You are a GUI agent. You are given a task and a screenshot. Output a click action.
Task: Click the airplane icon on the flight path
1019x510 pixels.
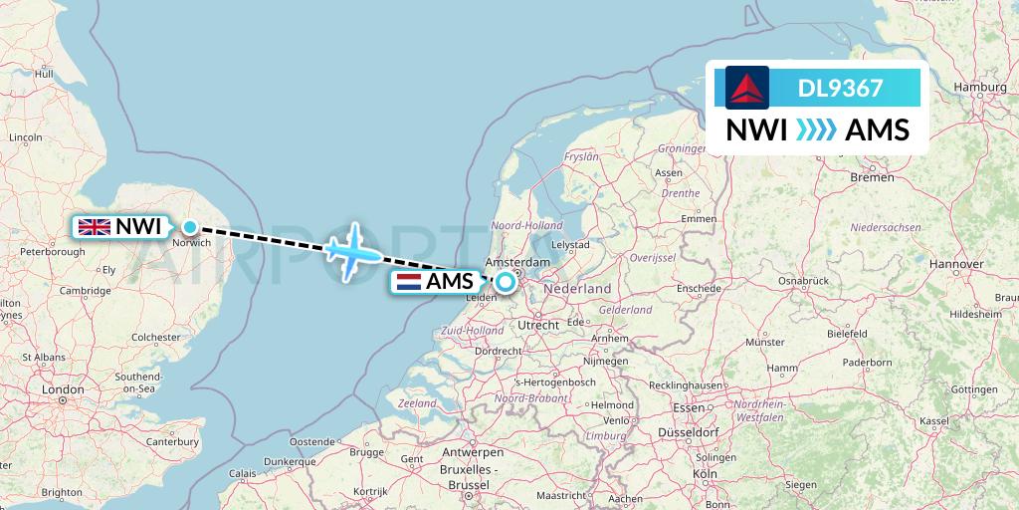(x=351, y=250)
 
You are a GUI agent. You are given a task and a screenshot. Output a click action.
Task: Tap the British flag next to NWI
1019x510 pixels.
(x=96, y=227)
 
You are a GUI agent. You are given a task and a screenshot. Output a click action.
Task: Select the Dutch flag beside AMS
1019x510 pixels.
(x=408, y=282)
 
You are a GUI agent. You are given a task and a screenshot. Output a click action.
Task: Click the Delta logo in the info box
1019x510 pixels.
(x=747, y=88)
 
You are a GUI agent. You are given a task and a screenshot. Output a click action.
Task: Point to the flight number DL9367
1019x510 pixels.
(x=840, y=89)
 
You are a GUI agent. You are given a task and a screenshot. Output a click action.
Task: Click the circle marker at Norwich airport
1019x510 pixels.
(x=189, y=227)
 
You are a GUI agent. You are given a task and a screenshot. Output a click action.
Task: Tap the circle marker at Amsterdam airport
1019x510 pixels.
(x=506, y=282)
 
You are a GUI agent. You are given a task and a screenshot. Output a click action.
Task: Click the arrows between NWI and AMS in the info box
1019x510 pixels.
(x=816, y=130)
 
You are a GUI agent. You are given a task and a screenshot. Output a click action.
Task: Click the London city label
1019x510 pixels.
(x=63, y=389)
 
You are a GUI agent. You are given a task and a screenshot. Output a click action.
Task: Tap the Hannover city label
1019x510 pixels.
(x=955, y=264)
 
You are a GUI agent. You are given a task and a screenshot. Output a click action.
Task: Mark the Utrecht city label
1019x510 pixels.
(x=538, y=325)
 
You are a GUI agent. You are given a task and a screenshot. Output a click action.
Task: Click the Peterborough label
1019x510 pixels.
(x=52, y=252)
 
